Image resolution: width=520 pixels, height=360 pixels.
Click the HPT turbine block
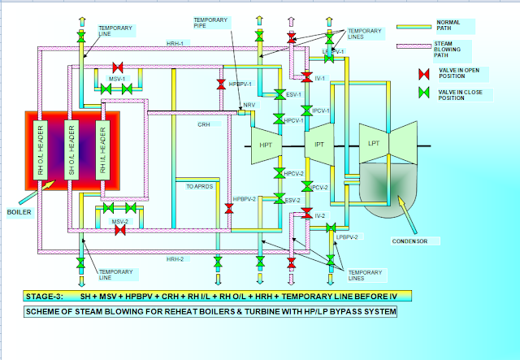pyautogui.click(x=266, y=144)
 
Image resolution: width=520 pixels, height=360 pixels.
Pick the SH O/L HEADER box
pyautogui.click(x=71, y=150)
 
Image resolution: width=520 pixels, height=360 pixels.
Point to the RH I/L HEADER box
pyautogui.click(x=102, y=150)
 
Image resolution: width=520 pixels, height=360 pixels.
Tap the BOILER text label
pyautogui.click(x=19, y=212)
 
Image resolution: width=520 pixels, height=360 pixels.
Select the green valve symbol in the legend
pyautogui.click(x=422, y=96)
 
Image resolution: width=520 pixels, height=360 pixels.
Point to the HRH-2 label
pyautogui.click(x=175, y=258)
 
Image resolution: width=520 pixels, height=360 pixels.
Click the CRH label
pyautogui.click(x=204, y=125)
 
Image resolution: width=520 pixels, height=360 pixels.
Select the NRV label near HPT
pyautogui.click(x=246, y=106)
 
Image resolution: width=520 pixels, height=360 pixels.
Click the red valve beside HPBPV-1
pyautogui.click(x=221, y=85)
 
